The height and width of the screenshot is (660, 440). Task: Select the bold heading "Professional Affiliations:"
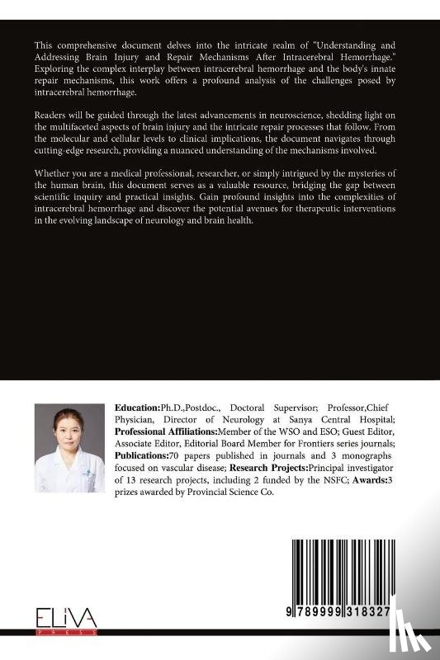click(x=166, y=431)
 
